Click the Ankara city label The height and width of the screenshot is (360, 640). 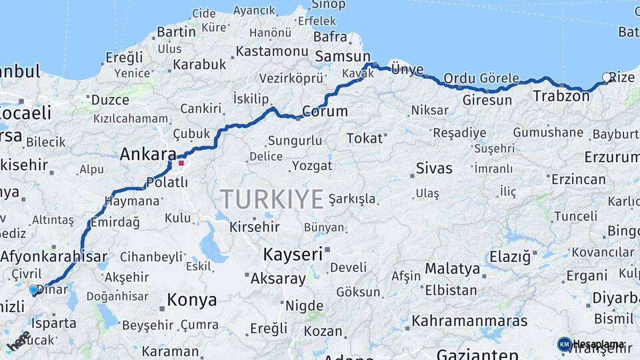(148, 155)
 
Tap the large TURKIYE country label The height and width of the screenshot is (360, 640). (272, 199)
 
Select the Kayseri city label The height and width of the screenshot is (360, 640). (293, 254)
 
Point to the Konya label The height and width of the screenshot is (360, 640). (191, 300)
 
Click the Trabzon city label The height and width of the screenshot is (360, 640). (561, 96)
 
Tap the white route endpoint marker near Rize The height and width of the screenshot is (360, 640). (607, 77)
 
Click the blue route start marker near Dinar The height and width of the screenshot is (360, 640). (34, 290)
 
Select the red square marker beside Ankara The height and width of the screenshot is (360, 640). (181, 162)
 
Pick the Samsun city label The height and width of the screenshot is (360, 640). (342, 56)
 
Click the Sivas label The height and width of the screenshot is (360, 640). (434, 168)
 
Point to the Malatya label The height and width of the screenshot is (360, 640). (453, 269)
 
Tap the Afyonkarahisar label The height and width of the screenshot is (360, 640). (54, 256)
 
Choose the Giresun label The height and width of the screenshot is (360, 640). (487, 101)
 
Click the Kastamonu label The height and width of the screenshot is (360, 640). (271, 51)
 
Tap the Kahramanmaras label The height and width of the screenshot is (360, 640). (469, 321)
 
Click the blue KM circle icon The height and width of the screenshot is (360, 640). (565, 344)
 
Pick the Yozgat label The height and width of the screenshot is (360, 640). (311, 165)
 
